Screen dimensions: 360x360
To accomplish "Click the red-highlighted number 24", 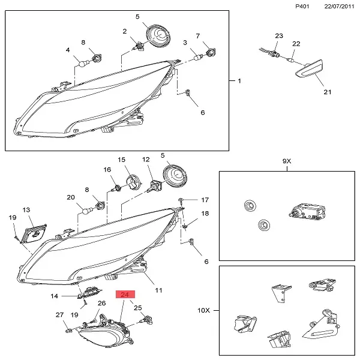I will click(x=127, y=295).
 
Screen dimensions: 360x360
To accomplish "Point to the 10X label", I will click(x=205, y=310).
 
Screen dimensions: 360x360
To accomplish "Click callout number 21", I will click(x=327, y=92).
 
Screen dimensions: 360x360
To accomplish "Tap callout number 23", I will click(x=278, y=36).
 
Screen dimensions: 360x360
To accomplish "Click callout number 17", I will click(x=204, y=200).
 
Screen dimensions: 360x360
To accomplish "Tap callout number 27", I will click(x=59, y=315).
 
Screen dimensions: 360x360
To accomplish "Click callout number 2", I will click(x=125, y=31).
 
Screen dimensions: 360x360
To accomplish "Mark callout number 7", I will click(x=197, y=36).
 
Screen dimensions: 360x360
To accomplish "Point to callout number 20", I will click(x=70, y=197).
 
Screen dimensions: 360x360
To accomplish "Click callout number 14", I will click(x=53, y=296).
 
